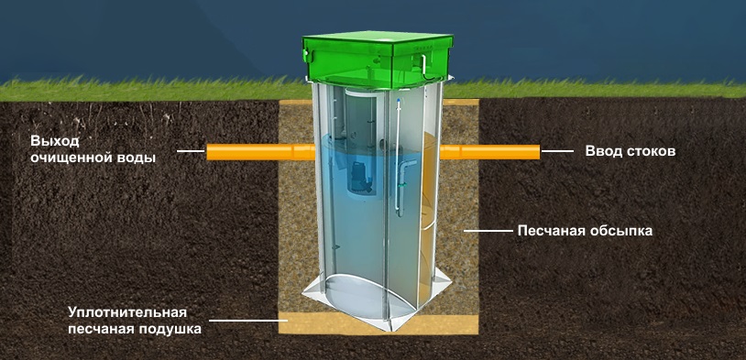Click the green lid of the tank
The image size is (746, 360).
coord(377,60)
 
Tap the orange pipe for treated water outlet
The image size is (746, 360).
coord(260,152)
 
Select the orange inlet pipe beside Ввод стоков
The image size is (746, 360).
coord(489,152)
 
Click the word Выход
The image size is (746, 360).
coord(54,141)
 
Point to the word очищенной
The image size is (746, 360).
coord(71,158)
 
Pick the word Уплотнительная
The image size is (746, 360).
coord(126,312)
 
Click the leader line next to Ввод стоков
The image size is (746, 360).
coord(557,152)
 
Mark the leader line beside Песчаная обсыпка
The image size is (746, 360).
coord(488,231)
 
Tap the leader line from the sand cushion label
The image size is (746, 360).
coord(244,320)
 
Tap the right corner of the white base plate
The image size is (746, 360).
coord(450,282)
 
